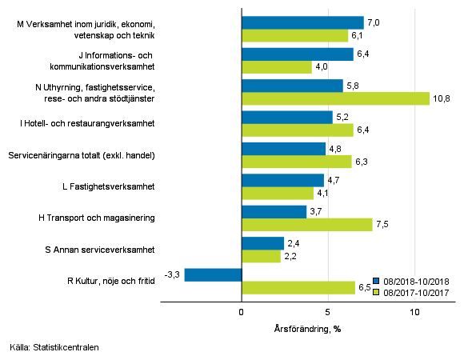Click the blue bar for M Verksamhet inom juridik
click(x=302, y=23)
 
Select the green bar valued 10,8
click(x=336, y=98)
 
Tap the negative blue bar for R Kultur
click(x=213, y=274)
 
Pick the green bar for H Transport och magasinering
click(x=307, y=225)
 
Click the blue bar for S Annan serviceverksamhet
click(x=262, y=243)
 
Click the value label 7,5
click(x=382, y=225)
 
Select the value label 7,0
click(x=374, y=23)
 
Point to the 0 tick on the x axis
click(x=242, y=313)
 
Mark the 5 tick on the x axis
click(x=328, y=313)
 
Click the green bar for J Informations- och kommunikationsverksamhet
click(x=277, y=67)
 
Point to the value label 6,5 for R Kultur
click(x=365, y=287)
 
